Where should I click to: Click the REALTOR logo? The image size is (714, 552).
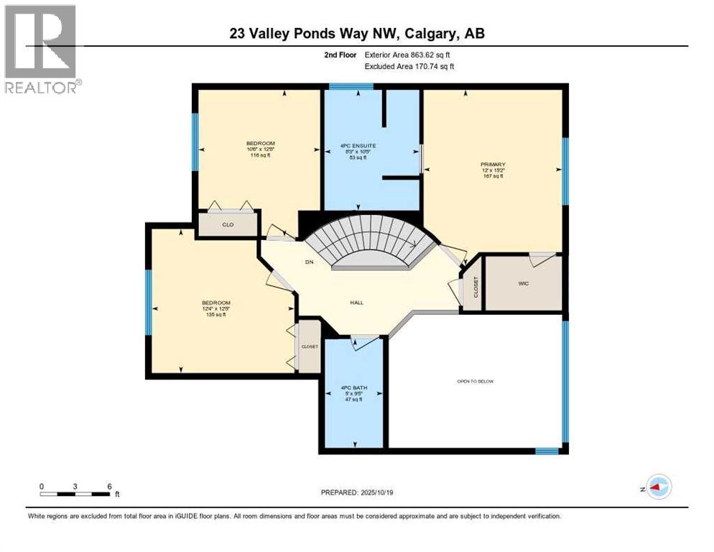41,49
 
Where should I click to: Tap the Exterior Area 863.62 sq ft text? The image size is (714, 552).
408,55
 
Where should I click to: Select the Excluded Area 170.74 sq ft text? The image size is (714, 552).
409,66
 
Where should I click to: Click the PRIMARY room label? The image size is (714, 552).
492,170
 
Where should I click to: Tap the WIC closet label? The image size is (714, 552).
523,283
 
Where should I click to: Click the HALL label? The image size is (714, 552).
356,303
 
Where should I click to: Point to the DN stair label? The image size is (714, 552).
310,262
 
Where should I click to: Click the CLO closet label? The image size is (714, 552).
228,225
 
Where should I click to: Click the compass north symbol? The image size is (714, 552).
658,487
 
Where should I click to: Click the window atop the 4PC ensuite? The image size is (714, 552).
351,86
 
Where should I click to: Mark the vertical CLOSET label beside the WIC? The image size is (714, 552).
475,287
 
